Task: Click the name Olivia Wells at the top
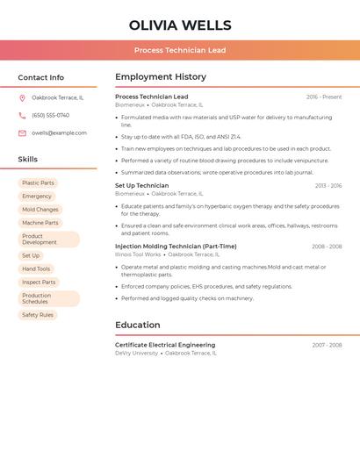(180, 25)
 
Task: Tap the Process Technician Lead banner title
(180, 50)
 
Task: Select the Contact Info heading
(40, 77)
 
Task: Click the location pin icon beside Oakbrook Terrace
(22, 97)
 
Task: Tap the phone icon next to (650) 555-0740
(22, 115)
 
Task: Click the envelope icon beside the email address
(22, 133)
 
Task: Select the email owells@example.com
(59, 133)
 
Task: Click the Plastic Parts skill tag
(38, 183)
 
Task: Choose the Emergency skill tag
(37, 197)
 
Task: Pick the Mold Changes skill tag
(40, 210)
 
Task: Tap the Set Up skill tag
(31, 255)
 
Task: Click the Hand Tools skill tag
(36, 268)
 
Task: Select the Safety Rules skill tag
(38, 315)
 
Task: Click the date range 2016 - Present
(324, 97)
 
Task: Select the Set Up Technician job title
(141, 186)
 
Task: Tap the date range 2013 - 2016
(328, 186)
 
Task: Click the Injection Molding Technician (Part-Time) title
(176, 247)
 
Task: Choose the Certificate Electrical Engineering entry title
(165, 345)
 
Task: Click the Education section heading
(137, 325)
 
